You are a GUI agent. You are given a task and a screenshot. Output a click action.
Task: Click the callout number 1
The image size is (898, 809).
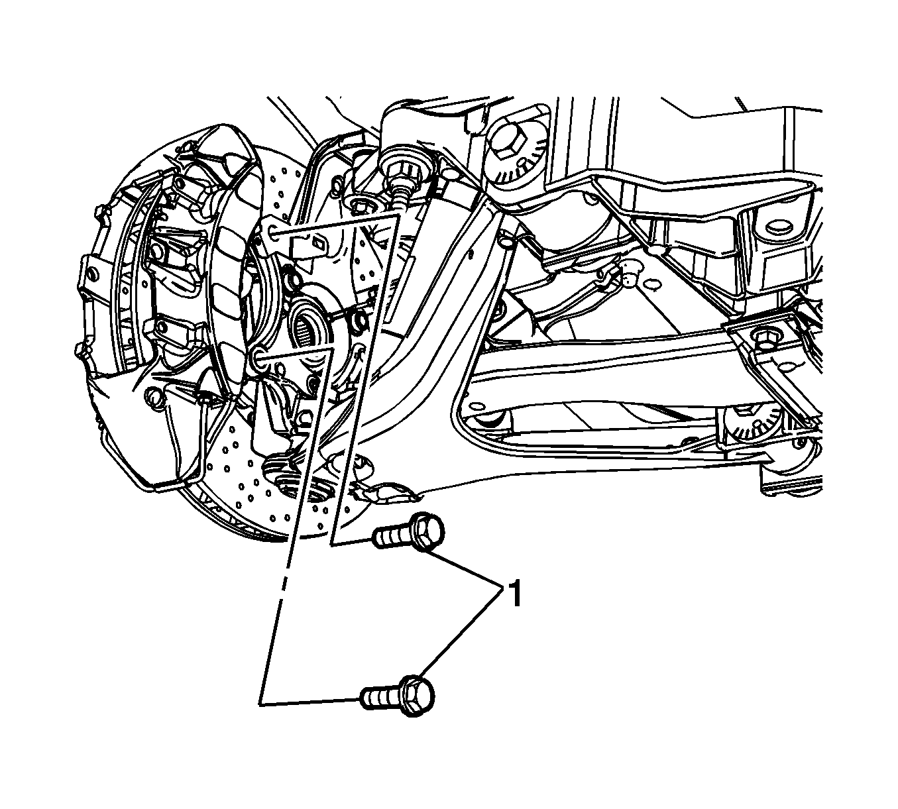[x=515, y=594]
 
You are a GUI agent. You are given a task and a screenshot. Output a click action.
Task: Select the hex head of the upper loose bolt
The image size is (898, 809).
[x=427, y=532]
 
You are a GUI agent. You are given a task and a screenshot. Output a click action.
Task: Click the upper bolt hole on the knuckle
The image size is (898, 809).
[x=271, y=231]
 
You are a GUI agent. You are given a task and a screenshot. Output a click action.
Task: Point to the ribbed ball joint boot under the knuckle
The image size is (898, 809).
[x=286, y=474]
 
